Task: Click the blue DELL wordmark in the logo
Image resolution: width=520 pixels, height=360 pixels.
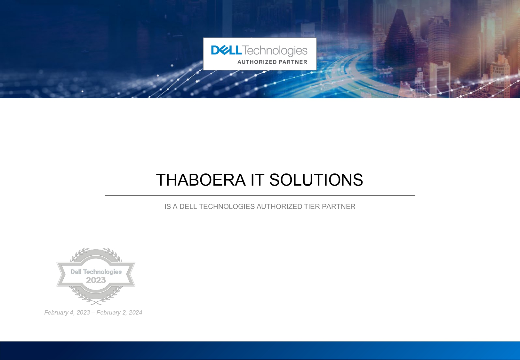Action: tap(226, 50)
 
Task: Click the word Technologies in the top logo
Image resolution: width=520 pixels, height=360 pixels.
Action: tap(275, 51)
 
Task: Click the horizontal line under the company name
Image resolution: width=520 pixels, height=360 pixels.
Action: tap(260, 196)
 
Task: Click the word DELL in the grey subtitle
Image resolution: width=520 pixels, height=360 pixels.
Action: tap(188, 206)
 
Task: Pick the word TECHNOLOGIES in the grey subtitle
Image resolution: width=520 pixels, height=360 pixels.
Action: tap(227, 206)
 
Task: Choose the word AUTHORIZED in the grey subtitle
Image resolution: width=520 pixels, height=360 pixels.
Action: tap(279, 206)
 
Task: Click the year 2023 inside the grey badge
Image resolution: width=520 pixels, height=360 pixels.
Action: tap(96, 280)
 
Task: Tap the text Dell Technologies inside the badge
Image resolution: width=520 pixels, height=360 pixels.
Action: tap(96, 272)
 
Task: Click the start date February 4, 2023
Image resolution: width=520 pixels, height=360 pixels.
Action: tap(67, 312)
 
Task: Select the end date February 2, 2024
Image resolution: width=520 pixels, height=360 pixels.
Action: tap(119, 312)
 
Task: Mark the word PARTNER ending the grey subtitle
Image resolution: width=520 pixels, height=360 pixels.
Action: tap(339, 206)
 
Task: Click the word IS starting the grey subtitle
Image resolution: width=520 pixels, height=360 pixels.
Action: tap(168, 206)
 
